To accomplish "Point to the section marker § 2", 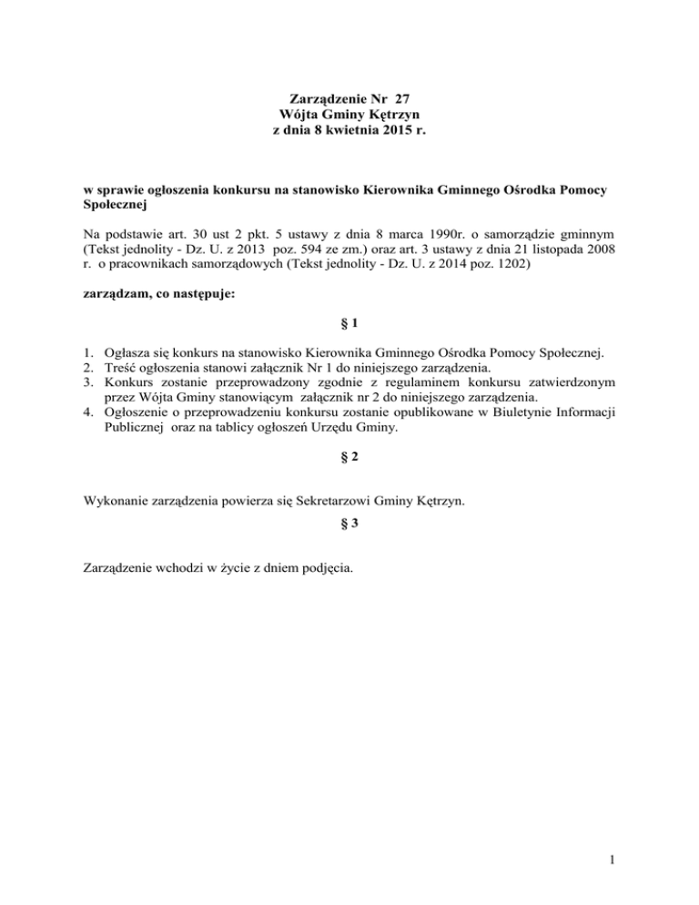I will click(349, 461).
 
